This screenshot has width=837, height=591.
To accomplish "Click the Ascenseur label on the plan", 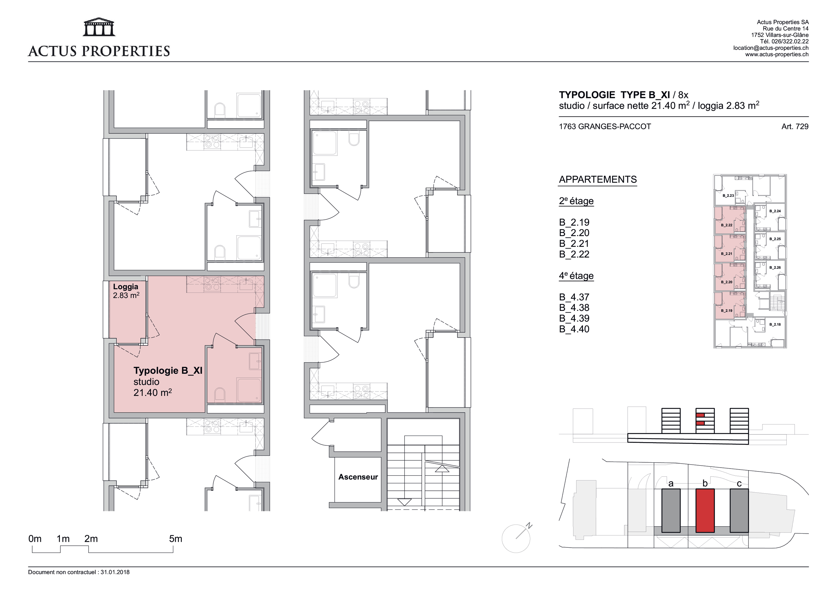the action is (x=358, y=477).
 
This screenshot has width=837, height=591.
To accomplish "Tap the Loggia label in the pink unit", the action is (x=126, y=287).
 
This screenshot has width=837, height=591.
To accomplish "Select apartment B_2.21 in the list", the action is (x=574, y=244).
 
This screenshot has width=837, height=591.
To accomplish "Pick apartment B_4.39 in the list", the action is (x=574, y=318).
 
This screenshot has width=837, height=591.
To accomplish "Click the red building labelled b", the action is (x=705, y=511).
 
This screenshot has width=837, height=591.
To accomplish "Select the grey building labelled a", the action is (x=671, y=511).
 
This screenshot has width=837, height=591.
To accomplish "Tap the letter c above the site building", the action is (x=739, y=484).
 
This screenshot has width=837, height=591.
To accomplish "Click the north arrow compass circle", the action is (x=516, y=538).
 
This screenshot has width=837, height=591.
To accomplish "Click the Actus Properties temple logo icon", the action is (x=99, y=27).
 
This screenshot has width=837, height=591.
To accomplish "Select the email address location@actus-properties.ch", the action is (x=771, y=48).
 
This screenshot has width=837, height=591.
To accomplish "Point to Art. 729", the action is (x=795, y=127).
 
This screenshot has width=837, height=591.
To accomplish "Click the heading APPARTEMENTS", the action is (x=598, y=180).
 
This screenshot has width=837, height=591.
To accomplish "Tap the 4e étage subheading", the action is (x=576, y=276).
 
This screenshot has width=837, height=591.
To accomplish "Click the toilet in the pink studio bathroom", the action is (x=220, y=394).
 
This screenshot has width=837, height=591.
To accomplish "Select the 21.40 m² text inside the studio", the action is (x=153, y=392).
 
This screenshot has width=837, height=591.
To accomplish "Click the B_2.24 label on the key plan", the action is (x=775, y=211).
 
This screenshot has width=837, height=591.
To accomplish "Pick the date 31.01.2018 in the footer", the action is (x=115, y=572).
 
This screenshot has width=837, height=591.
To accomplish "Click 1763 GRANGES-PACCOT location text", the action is (x=605, y=127).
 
